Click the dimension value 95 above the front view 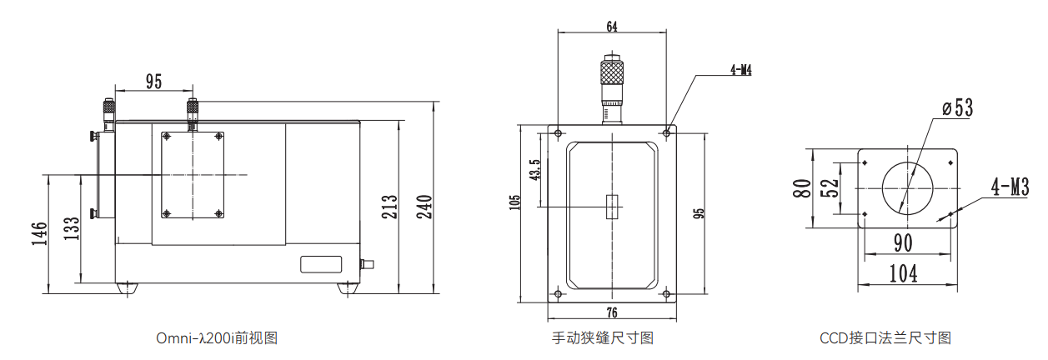(153, 81)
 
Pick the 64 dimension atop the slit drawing (612, 27)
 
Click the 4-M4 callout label (740, 71)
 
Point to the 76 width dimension (612, 313)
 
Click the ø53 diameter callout (957, 108)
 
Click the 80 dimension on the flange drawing (802, 187)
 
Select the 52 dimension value (829, 187)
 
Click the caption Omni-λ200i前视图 (216, 338)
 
